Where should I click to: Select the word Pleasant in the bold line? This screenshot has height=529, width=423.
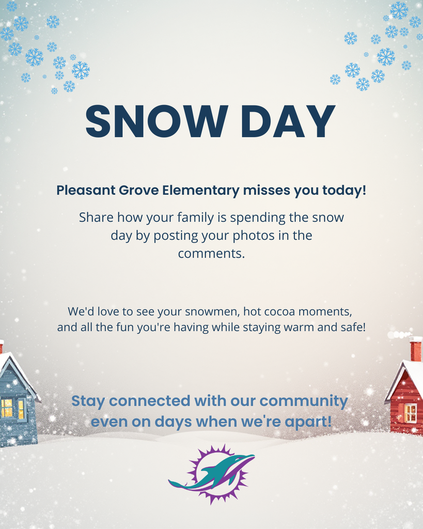[x=82, y=190]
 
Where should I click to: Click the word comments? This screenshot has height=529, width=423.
[x=211, y=254]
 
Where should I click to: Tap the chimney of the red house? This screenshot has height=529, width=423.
[x=415, y=349]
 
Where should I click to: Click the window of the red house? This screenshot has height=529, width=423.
[x=410, y=413]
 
